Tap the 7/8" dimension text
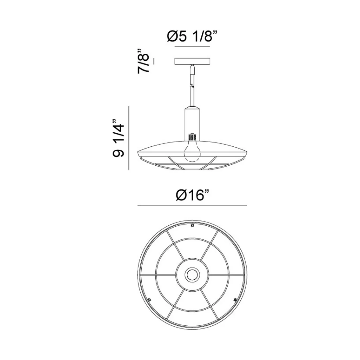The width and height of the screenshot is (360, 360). [x=144, y=61]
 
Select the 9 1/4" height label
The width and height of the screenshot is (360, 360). [x=118, y=138]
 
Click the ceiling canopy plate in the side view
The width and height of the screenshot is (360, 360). [x=192, y=61]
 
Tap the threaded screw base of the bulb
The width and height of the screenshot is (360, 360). [x=192, y=136]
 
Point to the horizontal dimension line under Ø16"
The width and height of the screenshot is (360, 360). [x=192, y=206]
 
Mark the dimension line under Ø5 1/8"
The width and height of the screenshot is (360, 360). [x=192, y=47]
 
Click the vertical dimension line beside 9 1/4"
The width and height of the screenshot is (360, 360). [x=129, y=138]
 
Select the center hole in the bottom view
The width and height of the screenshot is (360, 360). [x=192, y=275]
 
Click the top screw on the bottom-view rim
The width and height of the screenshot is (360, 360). [x=192, y=225]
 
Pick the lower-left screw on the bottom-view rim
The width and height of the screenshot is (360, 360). [x=149, y=300]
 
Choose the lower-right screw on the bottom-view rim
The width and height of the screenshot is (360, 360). [x=235, y=300]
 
